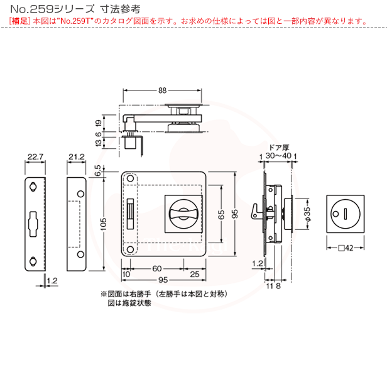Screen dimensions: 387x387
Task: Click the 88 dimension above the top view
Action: click(162, 91)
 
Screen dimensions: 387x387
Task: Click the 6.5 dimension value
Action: click(98, 170)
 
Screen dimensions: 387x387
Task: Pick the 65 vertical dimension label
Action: click(222, 214)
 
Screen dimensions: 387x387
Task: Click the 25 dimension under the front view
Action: click(194, 275)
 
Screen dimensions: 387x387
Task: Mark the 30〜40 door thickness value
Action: click(278, 155)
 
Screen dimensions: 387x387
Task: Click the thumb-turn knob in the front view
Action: click(184, 213)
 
